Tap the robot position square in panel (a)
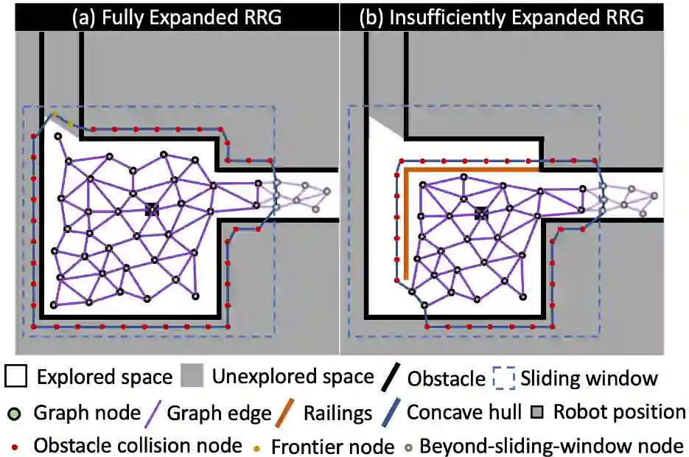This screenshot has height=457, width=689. (152, 209)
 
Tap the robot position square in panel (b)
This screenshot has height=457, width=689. (480, 213)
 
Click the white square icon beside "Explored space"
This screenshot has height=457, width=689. (15, 377)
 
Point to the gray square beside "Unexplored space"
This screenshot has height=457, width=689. (191, 377)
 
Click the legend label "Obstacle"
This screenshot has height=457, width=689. (446, 379)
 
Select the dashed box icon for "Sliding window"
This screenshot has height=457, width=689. (504, 378)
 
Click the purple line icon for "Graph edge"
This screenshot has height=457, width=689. (154, 412)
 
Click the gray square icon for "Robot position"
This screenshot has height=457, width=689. (538, 411)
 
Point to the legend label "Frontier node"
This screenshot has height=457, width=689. (332, 446)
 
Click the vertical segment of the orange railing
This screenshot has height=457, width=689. (405, 221)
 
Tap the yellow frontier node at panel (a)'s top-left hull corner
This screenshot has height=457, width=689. (54, 114)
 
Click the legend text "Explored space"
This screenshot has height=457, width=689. (105, 378)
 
